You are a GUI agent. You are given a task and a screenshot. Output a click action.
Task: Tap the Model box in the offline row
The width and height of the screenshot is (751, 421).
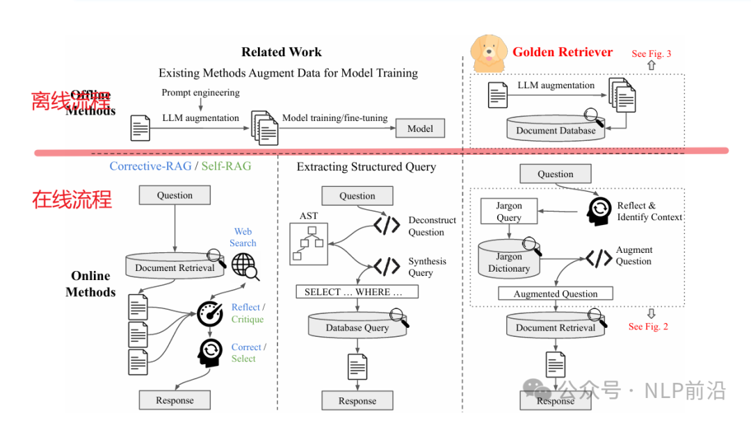[420, 129]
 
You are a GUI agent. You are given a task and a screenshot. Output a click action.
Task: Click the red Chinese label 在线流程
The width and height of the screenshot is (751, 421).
[72, 200]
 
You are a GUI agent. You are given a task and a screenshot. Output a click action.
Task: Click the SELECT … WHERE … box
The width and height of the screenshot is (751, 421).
[357, 292]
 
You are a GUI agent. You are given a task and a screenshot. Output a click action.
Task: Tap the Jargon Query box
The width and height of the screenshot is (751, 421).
[508, 212]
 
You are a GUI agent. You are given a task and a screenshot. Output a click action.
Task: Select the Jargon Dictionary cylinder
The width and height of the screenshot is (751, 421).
[508, 262]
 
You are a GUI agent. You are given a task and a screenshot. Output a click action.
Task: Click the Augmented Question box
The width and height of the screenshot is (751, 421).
[555, 294]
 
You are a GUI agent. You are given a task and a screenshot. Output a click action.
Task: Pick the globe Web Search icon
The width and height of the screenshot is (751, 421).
[243, 265]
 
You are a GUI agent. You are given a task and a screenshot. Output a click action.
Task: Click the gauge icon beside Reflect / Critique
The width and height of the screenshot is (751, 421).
[210, 314]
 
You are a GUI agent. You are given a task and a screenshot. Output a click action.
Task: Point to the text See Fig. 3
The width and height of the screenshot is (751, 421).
[652, 53]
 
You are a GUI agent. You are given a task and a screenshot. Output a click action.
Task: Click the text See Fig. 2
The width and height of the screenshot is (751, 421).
[648, 327]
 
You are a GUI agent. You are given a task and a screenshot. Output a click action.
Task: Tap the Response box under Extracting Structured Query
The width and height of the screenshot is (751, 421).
[357, 401]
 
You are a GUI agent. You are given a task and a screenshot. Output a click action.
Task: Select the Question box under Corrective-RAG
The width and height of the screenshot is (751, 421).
[175, 195]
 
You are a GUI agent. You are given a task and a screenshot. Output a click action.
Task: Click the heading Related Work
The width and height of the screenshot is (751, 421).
[282, 52]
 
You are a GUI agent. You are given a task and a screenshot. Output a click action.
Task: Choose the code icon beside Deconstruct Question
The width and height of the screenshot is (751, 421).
[387, 225]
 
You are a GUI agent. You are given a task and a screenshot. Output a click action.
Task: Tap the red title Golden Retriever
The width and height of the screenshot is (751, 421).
[563, 52]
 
